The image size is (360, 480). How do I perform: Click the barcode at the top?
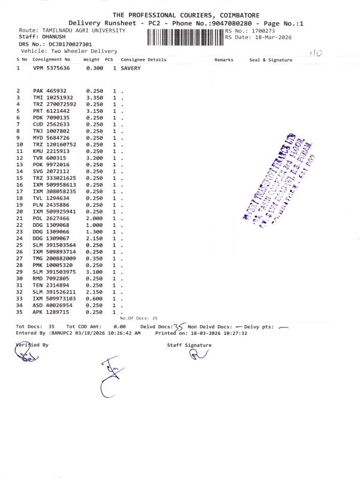coord(185,37)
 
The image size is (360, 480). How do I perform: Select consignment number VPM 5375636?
coord(52,69)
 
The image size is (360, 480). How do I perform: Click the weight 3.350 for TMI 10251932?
coord(95,97)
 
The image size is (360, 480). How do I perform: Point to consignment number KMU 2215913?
coord(52,152)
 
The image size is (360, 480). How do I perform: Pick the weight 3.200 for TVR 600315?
coord(95,159)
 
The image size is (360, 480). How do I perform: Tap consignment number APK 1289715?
coord(52,312)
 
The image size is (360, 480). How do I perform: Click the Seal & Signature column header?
coord(271,60)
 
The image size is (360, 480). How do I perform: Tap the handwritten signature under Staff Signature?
coord(197,356)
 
